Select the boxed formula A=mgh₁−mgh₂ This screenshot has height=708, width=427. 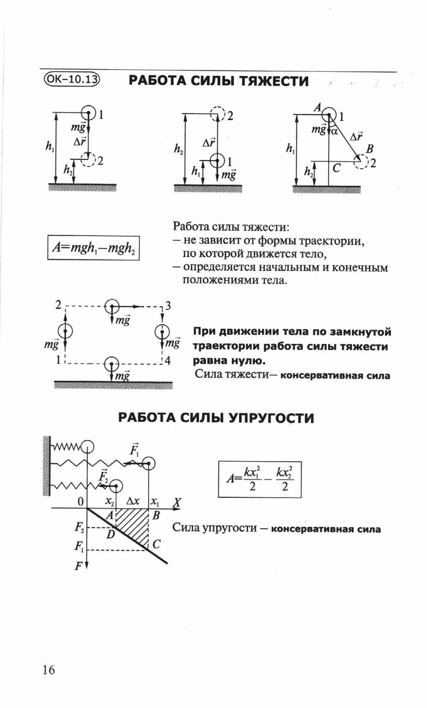pos(93,248)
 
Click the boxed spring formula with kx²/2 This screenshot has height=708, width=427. pos(259,479)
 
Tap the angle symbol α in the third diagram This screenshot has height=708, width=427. pos(334,131)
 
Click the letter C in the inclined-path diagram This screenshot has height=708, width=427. pos(336,168)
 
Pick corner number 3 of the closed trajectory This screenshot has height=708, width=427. pos(168,306)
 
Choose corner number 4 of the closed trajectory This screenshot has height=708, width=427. pos(168,360)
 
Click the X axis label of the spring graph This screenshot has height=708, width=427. pos(177,503)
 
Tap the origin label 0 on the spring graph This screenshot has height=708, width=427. pos(81,502)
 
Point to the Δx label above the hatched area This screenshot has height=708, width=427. pos(133,502)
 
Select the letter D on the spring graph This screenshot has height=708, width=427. pos(111,534)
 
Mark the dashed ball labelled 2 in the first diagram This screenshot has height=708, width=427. pos(89,160)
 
